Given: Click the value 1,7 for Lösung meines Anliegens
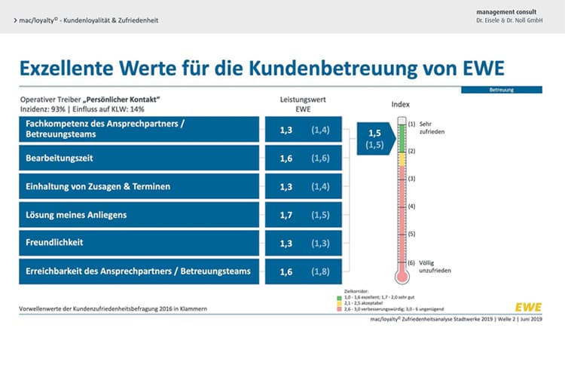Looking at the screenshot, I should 286,215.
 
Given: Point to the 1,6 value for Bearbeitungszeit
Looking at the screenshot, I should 286,158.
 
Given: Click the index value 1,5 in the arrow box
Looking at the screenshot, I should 374,132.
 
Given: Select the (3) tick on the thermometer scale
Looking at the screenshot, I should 412,179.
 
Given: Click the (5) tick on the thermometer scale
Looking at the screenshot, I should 412,234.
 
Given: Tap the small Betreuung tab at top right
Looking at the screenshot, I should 512,90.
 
